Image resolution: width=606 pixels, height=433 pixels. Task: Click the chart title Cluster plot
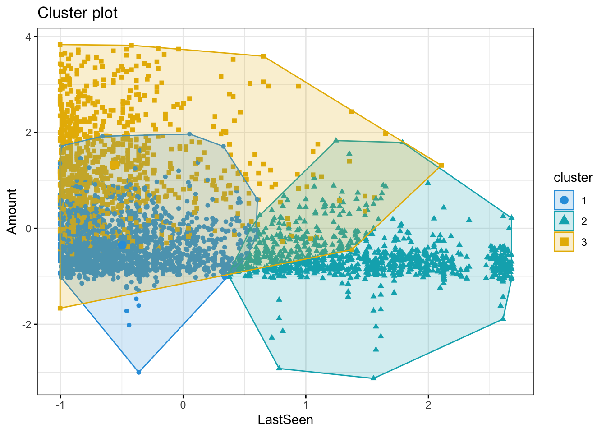tap(78, 13)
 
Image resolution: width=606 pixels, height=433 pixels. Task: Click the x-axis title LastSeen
tap(285, 420)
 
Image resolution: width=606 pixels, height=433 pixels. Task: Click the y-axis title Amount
tap(12, 212)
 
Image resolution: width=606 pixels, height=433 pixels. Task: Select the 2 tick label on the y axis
tap(28, 133)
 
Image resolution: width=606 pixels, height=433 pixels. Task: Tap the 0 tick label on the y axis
tap(28, 229)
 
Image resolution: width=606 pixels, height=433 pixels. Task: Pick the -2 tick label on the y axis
tap(27, 325)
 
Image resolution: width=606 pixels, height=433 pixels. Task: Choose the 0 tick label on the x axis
tap(183, 405)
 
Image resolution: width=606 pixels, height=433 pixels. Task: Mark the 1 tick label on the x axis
tap(306, 405)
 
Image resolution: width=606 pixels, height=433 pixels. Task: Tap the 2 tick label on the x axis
tap(428, 405)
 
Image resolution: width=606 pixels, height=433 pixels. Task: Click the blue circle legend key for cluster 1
tap(564, 200)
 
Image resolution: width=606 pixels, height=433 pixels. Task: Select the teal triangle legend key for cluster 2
tap(564, 221)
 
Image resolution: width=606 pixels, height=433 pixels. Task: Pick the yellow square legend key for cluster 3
tap(564, 242)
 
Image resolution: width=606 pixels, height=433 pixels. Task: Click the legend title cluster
tap(573, 178)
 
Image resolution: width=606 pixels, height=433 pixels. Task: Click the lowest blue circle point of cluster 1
tap(139, 372)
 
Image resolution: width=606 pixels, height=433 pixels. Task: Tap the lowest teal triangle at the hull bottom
tap(373, 378)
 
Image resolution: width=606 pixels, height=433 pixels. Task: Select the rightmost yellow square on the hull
tap(441, 166)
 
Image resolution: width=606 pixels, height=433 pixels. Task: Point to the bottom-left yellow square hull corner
tap(60, 308)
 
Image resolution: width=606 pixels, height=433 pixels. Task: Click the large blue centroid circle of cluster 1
tap(122, 245)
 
